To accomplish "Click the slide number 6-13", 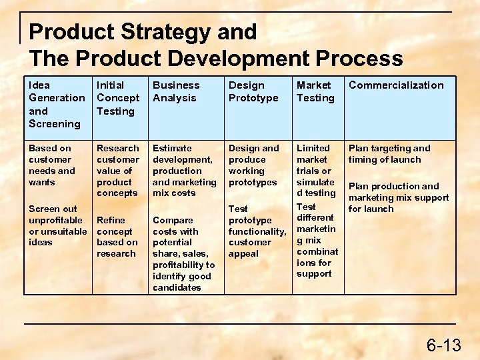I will pyautogui.click(x=443, y=345).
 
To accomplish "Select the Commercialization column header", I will pyautogui.click(x=395, y=85).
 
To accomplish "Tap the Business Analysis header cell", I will pyautogui.click(x=176, y=91).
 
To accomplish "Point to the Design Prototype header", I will pyautogui.click(x=253, y=91).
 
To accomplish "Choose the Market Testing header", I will pyautogui.click(x=315, y=91).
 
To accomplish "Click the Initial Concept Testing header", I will pyautogui.click(x=118, y=98).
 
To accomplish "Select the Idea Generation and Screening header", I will pyautogui.click(x=57, y=104).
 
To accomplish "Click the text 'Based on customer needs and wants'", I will pyautogui.click(x=51, y=165).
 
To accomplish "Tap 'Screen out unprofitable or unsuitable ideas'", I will pyautogui.click(x=57, y=225).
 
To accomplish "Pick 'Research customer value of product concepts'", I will pyautogui.click(x=118, y=170).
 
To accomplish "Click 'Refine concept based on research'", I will pyautogui.click(x=117, y=237).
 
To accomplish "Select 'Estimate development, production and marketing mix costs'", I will pyautogui.click(x=184, y=170).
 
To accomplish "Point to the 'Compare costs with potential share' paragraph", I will pyautogui.click(x=183, y=253).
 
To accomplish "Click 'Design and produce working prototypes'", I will pyautogui.click(x=253, y=165).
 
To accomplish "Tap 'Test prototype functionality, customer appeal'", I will pyautogui.click(x=257, y=231).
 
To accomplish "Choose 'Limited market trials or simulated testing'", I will pyautogui.click(x=315, y=170).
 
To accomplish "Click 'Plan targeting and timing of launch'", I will pyautogui.click(x=389, y=153).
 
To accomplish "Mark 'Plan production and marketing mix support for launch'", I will pyautogui.click(x=398, y=197).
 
